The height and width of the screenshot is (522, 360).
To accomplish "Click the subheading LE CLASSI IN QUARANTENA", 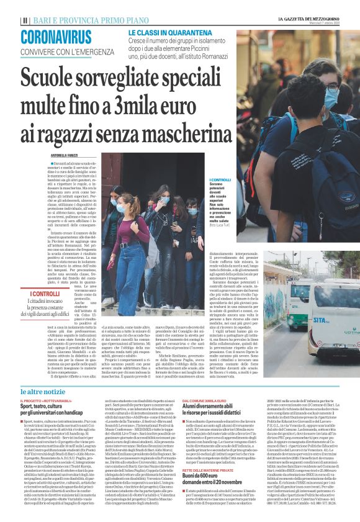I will click(165, 32).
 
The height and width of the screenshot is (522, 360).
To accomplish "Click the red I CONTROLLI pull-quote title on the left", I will click(45, 294).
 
